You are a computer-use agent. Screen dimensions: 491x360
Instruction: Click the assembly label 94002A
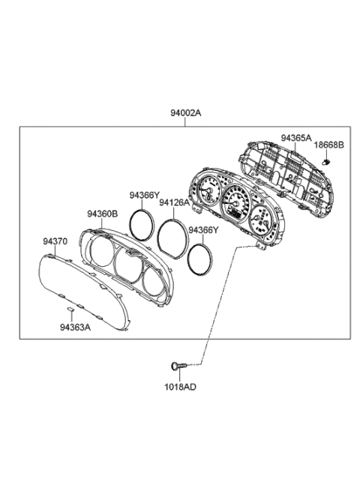(186, 113)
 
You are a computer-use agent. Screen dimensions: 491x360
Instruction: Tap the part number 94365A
(296, 138)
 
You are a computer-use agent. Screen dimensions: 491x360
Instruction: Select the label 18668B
(328, 145)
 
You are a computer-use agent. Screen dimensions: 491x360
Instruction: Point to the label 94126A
(174, 202)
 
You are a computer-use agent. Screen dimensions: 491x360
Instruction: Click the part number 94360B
(102, 214)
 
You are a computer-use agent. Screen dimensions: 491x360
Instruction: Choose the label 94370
(54, 242)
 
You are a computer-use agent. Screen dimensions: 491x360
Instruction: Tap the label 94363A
(75, 326)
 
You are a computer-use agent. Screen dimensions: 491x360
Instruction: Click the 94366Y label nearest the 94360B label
(144, 196)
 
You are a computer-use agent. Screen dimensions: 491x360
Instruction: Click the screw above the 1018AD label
(175, 365)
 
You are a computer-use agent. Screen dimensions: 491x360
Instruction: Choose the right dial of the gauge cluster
(262, 220)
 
